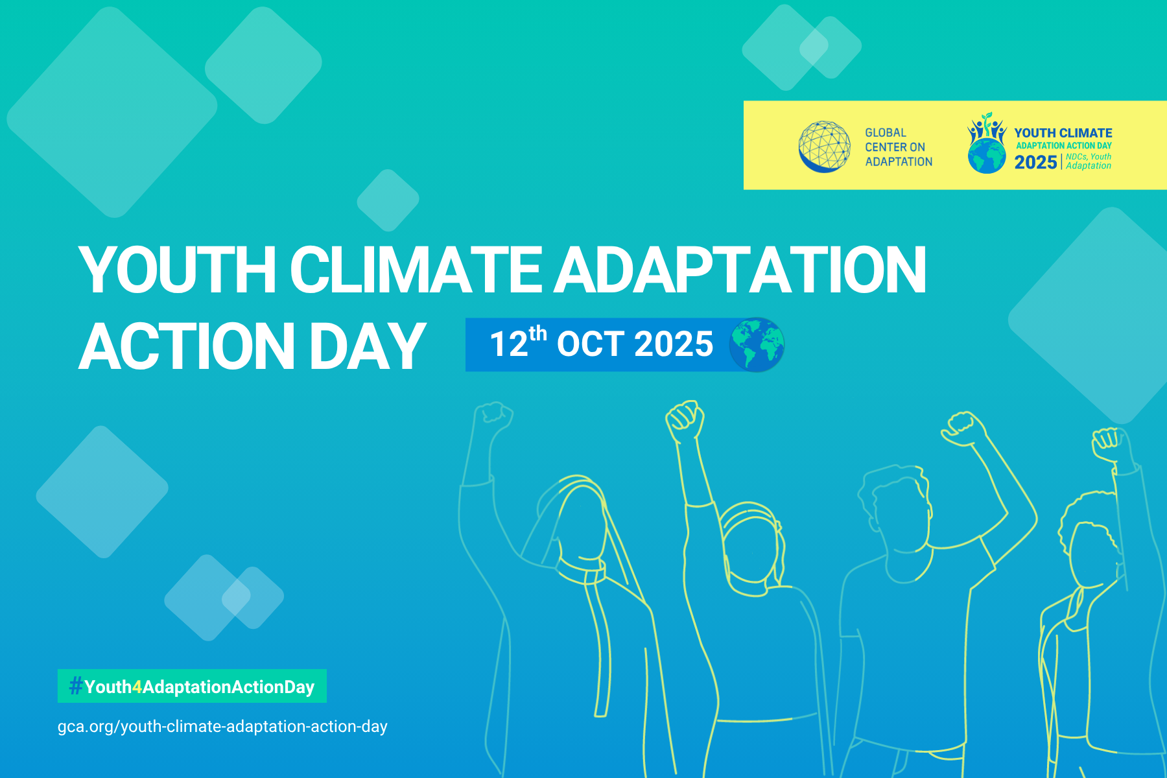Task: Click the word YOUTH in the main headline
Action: click(x=177, y=270)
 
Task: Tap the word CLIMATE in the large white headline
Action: click(x=415, y=270)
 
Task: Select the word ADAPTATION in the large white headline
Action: click(x=740, y=270)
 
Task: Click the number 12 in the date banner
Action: click(x=509, y=344)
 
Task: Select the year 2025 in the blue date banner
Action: click(x=674, y=344)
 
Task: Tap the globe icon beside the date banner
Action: click(x=757, y=344)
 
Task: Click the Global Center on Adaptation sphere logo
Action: click(x=824, y=147)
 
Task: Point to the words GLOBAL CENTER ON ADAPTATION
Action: click(x=899, y=147)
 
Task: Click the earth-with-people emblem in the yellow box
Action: click(x=987, y=143)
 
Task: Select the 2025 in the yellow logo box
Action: click(x=1035, y=162)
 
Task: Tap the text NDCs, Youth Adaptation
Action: click(x=1089, y=161)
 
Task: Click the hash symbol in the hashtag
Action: click(x=76, y=686)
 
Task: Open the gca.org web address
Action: click(x=222, y=727)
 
